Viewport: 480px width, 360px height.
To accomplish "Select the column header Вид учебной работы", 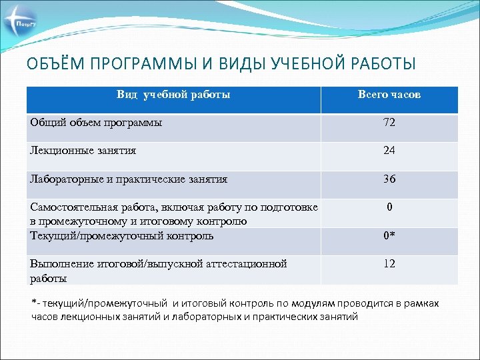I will (173, 95).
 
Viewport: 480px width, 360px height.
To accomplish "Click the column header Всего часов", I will (389, 95).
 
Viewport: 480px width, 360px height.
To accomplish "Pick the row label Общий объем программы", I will (96, 123).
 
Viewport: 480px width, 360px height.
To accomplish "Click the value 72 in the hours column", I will (389, 123).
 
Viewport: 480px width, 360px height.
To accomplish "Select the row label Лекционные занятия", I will (83, 151).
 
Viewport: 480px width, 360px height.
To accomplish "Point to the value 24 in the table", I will (389, 151).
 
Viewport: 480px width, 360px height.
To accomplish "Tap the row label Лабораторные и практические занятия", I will (129, 179).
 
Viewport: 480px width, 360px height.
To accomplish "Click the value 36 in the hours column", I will (389, 179).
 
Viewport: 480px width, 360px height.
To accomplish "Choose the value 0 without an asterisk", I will (389, 207).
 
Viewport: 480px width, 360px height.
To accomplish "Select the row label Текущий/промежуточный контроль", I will (122, 235).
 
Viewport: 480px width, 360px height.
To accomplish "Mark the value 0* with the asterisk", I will (389, 236).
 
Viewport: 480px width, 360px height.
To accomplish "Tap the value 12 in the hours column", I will (389, 264).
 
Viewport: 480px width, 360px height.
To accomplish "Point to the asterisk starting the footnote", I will (35, 302).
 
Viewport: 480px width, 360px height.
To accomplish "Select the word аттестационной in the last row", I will (247, 263).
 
